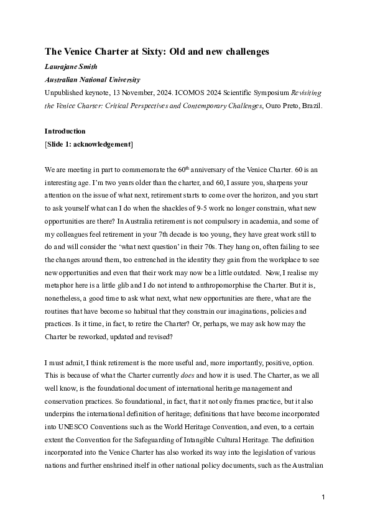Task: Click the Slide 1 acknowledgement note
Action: tap(88, 144)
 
